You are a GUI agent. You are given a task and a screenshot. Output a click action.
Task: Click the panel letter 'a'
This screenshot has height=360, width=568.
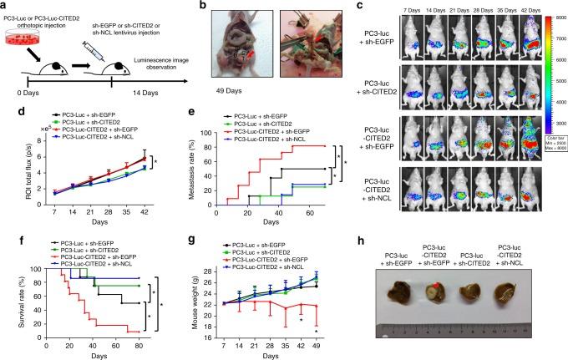pos(7,8)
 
